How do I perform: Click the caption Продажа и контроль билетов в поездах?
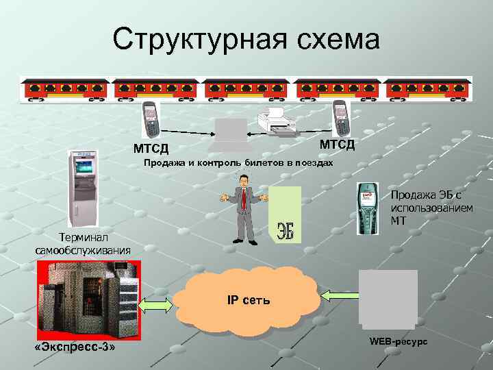pyautogui.click(x=238, y=164)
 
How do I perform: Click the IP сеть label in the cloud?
pyautogui.click(x=248, y=300)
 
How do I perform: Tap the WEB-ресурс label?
pyautogui.click(x=398, y=341)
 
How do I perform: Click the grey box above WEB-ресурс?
pyautogui.click(x=388, y=296)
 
